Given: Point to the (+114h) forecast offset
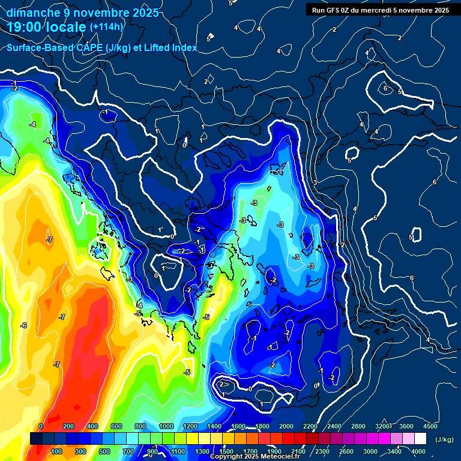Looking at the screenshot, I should [x=106, y=27].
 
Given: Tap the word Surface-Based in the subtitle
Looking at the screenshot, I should [x=37, y=47].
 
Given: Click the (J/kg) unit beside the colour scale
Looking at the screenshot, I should [x=444, y=440].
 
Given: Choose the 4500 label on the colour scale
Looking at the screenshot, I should [x=430, y=426].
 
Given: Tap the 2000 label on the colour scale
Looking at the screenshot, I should [x=286, y=426].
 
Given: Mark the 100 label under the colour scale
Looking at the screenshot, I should [x=57, y=451].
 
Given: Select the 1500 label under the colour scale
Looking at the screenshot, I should [x=226, y=451].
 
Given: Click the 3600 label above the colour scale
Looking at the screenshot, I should [x=406, y=426].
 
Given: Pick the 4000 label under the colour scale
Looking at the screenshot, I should [x=418, y=451].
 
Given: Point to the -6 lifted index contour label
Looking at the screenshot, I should [x=23, y=325].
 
